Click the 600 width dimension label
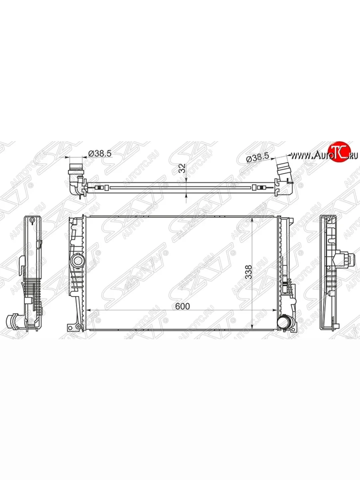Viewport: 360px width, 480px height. click(x=182, y=306)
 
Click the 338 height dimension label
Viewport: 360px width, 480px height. click(x=249, y=272)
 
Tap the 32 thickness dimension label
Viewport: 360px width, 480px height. click(x=182, y=168)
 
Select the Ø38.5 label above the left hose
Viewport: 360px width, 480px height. click(x=100, y=154)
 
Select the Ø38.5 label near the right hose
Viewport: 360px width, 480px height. click(x=257, y=158)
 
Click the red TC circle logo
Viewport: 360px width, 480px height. click(x=340, y=152)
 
